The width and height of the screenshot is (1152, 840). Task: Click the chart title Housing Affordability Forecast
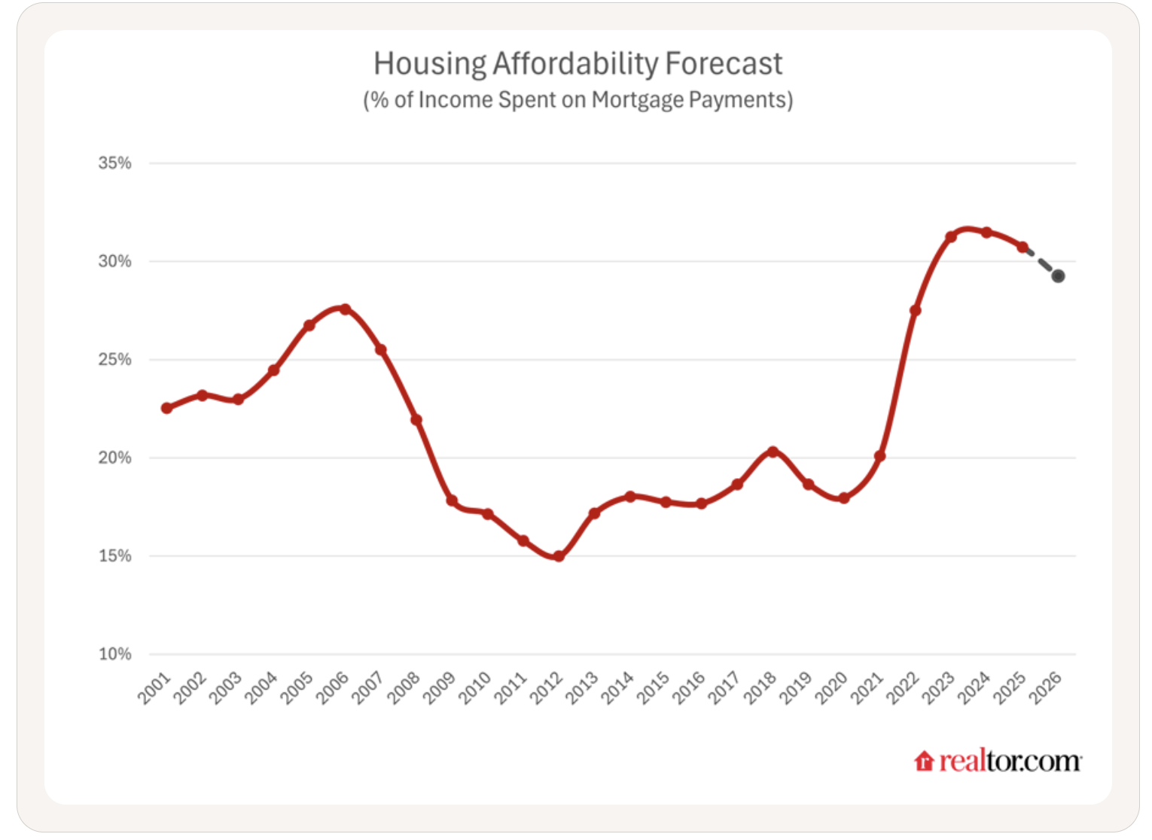pyautogui.click(x=578, y=64)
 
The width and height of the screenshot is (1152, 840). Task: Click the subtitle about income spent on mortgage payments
pyautogui.click(x=578, y=100)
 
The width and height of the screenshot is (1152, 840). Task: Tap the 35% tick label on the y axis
pyautogui.click(x=114, y=163)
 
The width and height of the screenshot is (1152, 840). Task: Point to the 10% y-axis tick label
pyautogui.click(x=114, y=654)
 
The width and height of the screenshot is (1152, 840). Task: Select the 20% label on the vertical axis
pyautogui.click(x=114, y=458)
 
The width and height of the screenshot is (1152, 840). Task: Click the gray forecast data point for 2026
pyautogui.click(x=1058, y=276)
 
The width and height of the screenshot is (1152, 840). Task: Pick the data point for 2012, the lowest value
pyautogui.click(x=559, y=556)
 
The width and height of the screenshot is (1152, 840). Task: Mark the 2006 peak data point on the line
pyautogui.click(x=345, y=309)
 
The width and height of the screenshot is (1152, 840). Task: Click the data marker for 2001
pyautogui.click(x=166, y=408)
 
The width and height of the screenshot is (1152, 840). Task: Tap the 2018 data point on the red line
pyautogui.click(x=773, y=452)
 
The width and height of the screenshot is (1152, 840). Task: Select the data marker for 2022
pyautogui.click(x=915, y=310)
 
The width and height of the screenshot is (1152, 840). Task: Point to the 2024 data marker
pyautogui.click(x=986, y=233)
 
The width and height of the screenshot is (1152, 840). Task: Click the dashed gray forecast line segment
pyautogui.click(x=1041, y=261)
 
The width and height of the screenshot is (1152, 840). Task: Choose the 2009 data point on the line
pyautogui.click(x=452, y=501)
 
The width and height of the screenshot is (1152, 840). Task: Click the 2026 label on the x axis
pyautogui.click(x=1046, y=688)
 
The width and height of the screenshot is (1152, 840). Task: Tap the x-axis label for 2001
pyautogui.click(x=154, y=688)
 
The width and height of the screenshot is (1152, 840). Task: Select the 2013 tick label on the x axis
pyautogui.click(x=582, y=688)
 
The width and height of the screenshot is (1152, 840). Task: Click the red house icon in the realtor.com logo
pyautogui.click(x=924, y=762)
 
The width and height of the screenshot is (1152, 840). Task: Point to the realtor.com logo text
pyautogui.click(x=1010, y=762)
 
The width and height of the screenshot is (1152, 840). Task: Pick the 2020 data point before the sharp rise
pyautogui.click(x=844, y=498)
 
